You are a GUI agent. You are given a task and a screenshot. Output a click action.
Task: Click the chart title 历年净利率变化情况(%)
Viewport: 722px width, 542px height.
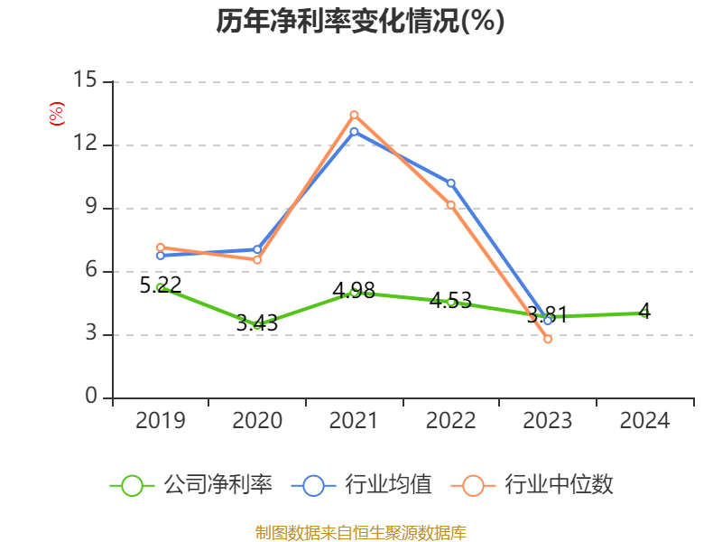click(360, 21)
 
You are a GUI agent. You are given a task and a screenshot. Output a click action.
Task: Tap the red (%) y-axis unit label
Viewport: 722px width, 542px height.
click(56, 114)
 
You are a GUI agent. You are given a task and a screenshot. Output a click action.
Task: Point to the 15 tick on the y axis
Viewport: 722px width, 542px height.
click(86, 80)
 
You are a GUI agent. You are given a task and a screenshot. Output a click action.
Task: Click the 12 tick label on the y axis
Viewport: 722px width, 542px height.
click(86, 145)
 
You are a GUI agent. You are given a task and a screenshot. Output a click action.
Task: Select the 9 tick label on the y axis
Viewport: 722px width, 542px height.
click(90, 208)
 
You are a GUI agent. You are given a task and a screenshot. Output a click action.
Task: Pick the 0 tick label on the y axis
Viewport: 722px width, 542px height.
click(92, 397)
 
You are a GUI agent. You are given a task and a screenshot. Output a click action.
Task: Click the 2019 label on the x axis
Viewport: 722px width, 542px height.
click(161, 420)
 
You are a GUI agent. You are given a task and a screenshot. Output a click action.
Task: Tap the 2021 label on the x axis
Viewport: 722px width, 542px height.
click(354, 420)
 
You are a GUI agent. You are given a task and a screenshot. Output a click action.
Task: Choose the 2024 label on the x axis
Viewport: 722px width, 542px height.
click(644, 420)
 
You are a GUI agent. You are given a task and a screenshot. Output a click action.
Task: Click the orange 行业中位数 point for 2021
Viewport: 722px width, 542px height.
click(354, 115)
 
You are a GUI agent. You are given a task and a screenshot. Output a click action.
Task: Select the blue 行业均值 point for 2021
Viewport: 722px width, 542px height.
click(354, 132)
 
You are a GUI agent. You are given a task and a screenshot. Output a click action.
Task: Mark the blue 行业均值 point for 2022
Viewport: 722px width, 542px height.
click(451, 183)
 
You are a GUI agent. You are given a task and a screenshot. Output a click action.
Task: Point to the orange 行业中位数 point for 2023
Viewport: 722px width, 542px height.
click(548, 339)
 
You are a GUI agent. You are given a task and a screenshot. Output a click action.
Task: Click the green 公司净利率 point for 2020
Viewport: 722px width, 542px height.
click(257, 324)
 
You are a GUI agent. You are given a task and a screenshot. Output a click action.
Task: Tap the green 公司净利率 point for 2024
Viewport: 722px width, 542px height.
click(644, 313)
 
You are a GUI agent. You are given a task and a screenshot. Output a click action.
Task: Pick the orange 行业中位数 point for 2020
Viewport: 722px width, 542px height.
click(257, 260)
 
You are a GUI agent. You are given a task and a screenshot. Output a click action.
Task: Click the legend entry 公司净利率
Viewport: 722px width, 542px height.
click(191, 485)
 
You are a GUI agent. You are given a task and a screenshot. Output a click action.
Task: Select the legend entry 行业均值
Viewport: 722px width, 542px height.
click(362, 485)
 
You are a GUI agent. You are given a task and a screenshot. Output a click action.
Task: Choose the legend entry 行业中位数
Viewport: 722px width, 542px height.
click(537, 485)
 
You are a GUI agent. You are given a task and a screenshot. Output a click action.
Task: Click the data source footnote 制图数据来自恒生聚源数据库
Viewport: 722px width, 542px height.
click(360, 532)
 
